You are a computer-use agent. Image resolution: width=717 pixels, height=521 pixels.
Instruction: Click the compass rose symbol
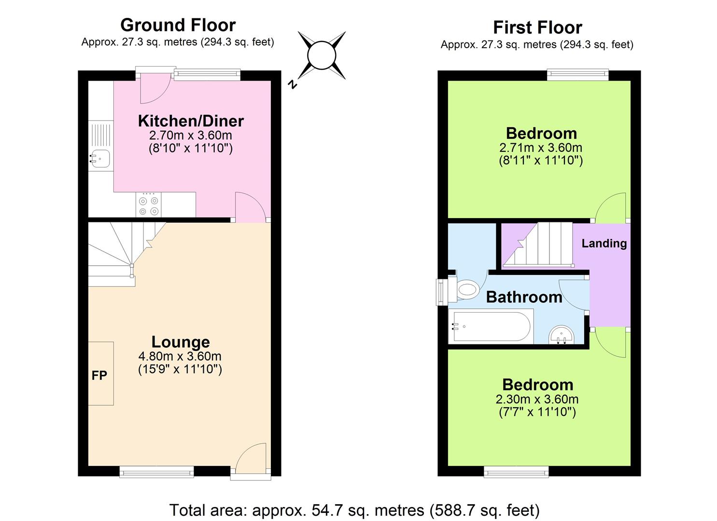pyautogui.click(x=322, y=55)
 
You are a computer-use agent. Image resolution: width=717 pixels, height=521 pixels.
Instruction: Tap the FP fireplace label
pyautogui.click(x=99, y=375)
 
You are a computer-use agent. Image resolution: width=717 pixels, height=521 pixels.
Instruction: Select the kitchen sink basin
pyautogui.click(x=100, y=158)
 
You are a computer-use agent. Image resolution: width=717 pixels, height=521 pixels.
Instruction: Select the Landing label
pyautogui.click(x=604, y=244)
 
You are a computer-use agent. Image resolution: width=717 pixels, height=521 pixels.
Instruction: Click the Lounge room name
pyautogui.click(x=181, y=342)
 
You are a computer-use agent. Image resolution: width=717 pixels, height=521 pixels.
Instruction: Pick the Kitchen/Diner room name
pyautogui.click(x=191, y=121)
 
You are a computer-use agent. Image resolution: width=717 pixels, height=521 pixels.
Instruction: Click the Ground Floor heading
pyautogui.click(x=178, y=25)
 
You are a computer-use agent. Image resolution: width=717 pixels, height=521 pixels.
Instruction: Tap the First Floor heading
pyautogui.click(x=537, y=27)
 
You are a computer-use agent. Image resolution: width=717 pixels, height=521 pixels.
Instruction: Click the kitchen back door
pyautogui.click(x=154, y=88)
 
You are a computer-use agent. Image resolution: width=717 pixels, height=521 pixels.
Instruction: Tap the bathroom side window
pyautogui.click(x=441, y=291)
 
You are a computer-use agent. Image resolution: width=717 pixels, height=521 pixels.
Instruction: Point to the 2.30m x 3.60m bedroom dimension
pyautogui.click(x=537, y=399)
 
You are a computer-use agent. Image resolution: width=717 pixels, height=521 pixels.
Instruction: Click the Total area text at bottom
pyautogui.click(x=354, y=510)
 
